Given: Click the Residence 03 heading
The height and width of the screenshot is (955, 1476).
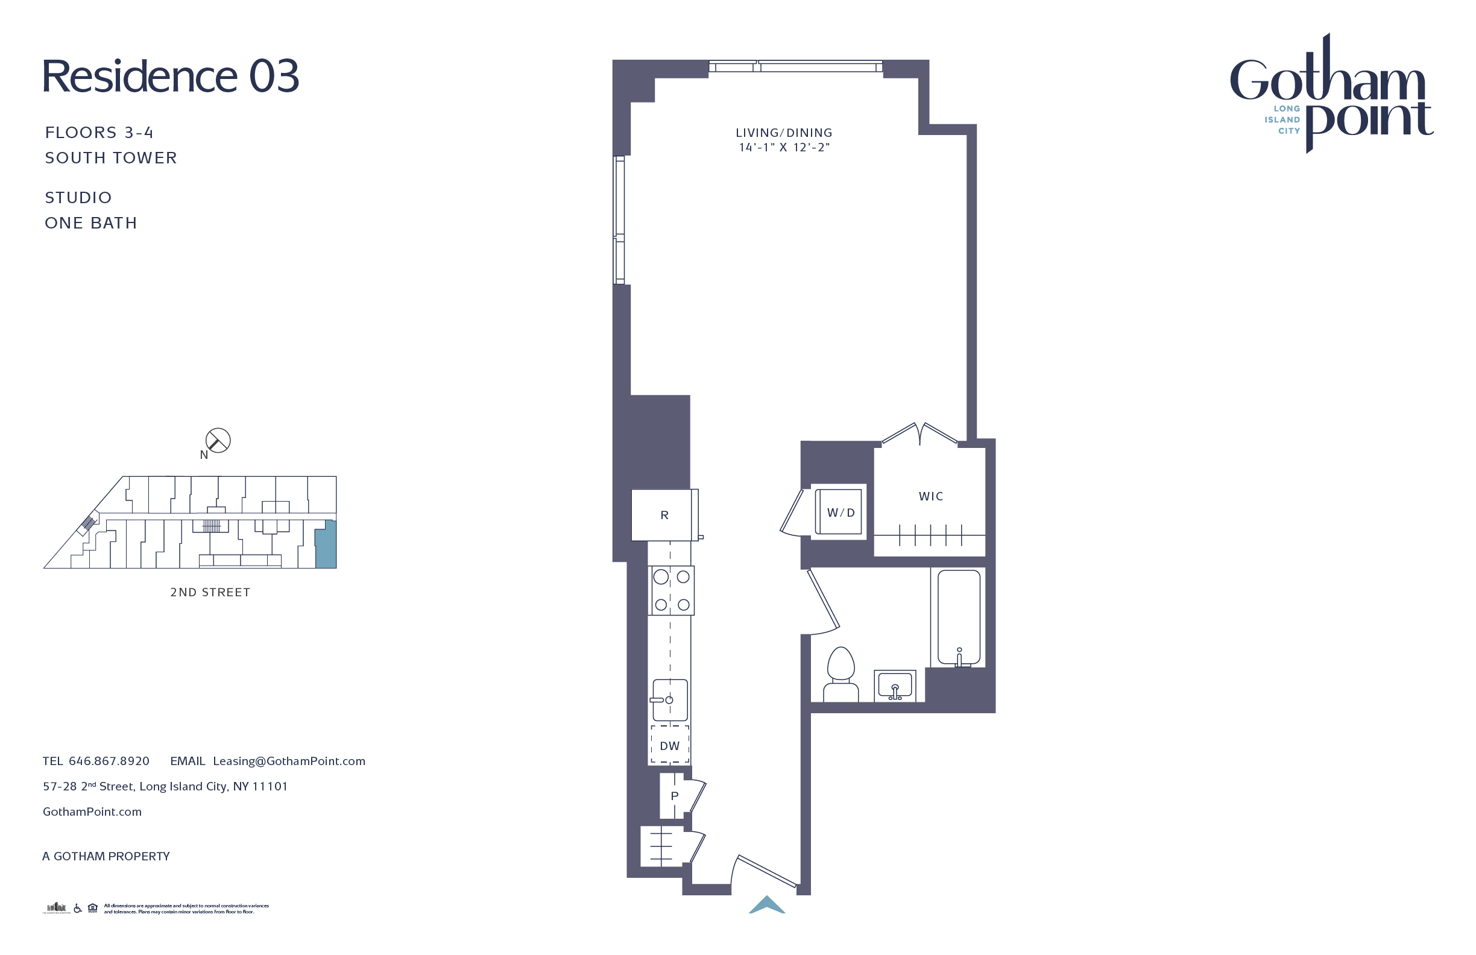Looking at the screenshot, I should point(171,77).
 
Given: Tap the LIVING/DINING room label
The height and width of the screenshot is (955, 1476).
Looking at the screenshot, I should point(784,133).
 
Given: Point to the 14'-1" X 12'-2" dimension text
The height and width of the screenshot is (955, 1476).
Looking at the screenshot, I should point(784,148).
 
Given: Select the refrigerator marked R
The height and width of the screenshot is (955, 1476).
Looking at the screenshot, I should point(664,515).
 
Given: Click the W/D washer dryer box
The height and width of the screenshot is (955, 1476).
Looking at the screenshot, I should point(840,512).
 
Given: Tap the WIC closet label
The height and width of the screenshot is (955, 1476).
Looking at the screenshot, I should point(930,496).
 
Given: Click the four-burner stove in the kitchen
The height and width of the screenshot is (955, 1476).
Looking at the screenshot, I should point(671,590).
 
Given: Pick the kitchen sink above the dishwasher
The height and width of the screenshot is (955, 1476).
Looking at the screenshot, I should point(670,700).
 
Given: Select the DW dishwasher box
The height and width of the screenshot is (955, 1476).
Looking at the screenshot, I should point(670,746).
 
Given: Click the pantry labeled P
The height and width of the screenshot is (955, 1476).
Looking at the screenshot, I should point(674,796).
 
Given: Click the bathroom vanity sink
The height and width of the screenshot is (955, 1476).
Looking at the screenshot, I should point(895,686).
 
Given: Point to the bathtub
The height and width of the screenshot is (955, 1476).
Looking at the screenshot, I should point(959,617).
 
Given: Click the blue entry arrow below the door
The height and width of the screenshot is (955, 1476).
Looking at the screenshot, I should point(767,906).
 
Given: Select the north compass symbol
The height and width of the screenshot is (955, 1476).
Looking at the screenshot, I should point(218,441).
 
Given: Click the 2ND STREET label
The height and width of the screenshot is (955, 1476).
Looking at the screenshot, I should point(210,592).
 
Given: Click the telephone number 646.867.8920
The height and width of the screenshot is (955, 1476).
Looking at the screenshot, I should point(109,761).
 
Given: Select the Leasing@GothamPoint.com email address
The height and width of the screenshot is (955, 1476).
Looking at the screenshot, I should point(289,761).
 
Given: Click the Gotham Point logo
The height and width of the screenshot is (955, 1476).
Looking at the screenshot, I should point(1331,93).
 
